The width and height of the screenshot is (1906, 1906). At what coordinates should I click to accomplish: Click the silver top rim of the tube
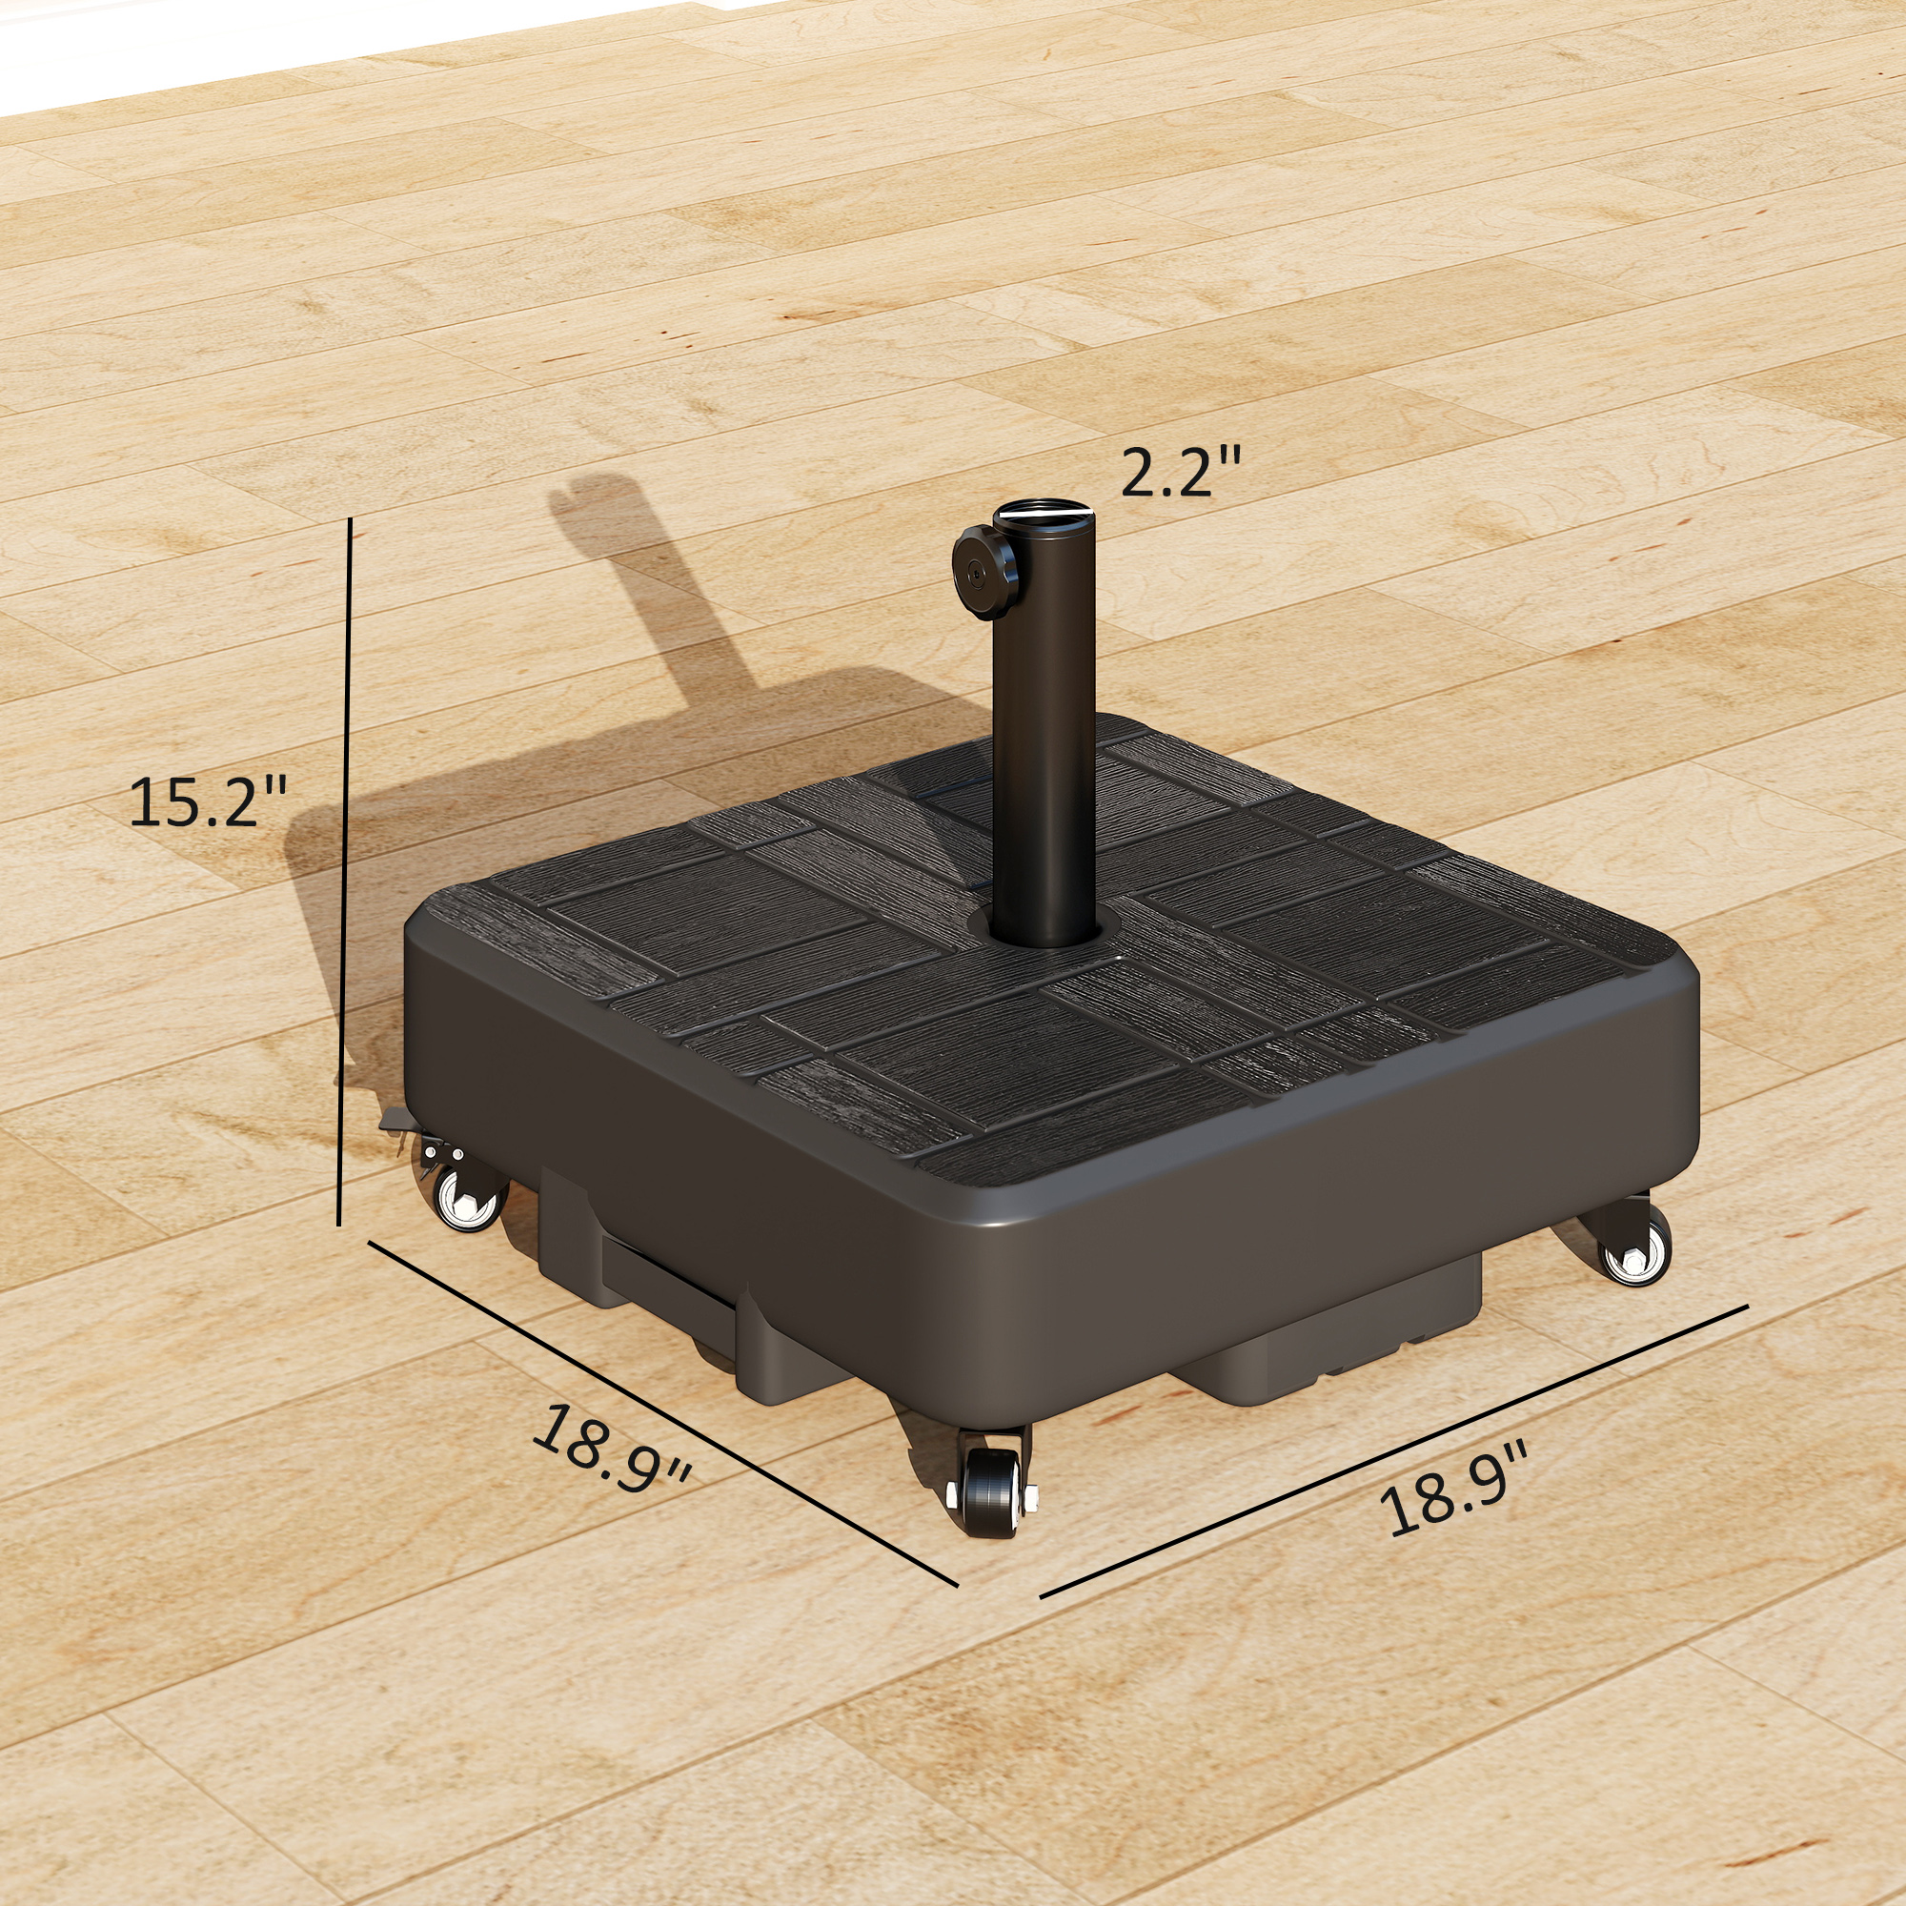(1044, 516)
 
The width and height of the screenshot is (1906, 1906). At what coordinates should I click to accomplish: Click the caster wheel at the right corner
(1633, 1257)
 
